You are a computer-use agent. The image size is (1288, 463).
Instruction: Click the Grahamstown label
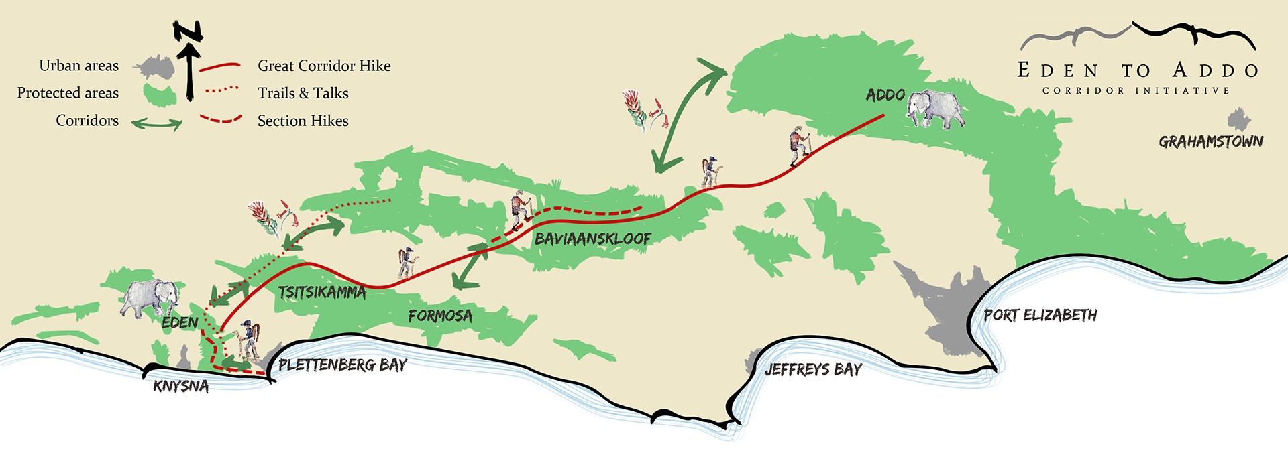point(1211,141)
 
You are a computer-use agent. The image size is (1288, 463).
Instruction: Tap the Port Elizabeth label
point(1040,315)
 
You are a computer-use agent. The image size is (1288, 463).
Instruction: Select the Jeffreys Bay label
point(813,369)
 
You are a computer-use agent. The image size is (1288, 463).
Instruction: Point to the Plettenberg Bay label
point(343,365)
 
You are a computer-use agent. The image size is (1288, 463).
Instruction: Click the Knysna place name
point(180,386)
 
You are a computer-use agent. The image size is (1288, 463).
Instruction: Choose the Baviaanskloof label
point(592,239)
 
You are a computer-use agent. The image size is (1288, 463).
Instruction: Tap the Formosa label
point(440,316)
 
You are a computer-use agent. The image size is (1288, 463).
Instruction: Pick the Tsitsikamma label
point(322,292)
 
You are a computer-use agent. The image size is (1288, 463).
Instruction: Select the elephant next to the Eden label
point(150,297)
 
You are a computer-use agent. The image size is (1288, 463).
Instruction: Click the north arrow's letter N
point(188,31)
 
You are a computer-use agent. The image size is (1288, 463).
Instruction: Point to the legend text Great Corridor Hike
point(324,66)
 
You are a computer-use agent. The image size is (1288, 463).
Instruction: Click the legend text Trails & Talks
point(303,93)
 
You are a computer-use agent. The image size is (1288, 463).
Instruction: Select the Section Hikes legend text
point(303,121)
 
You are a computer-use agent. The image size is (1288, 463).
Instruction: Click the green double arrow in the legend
point(157,123)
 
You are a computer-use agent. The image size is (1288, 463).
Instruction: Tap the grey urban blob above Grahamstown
point(1238,119)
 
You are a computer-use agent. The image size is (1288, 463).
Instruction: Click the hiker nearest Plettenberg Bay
point(249,340)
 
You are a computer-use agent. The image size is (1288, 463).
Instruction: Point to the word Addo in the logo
point(1215,70)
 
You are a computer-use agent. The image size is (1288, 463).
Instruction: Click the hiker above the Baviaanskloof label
point(520,210)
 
